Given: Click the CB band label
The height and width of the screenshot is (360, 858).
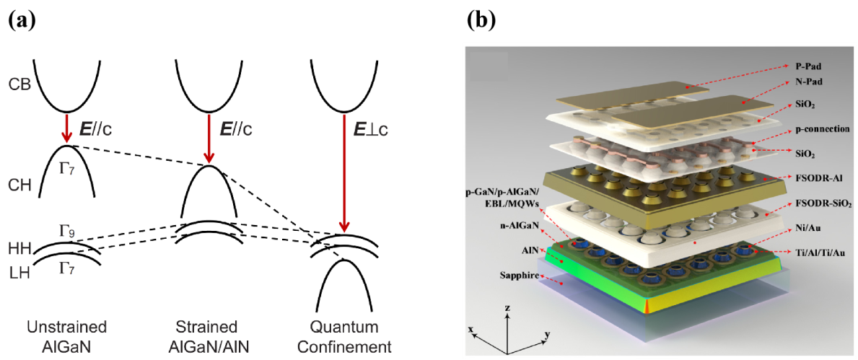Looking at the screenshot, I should point(19,84).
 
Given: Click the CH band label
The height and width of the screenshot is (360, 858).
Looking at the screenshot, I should point(19,185).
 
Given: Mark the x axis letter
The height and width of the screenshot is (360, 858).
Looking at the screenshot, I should point(471,328).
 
